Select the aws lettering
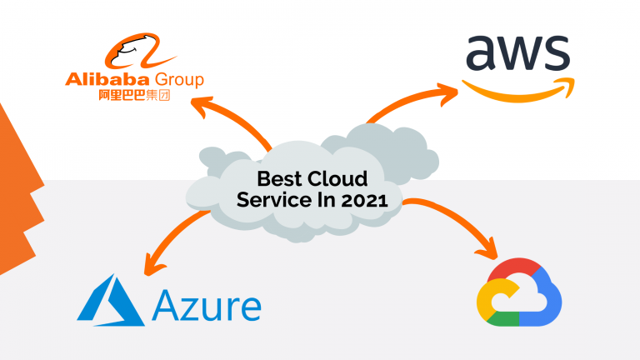coord(516,53)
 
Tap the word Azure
coord(207,305)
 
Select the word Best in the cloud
coord(277,178)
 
